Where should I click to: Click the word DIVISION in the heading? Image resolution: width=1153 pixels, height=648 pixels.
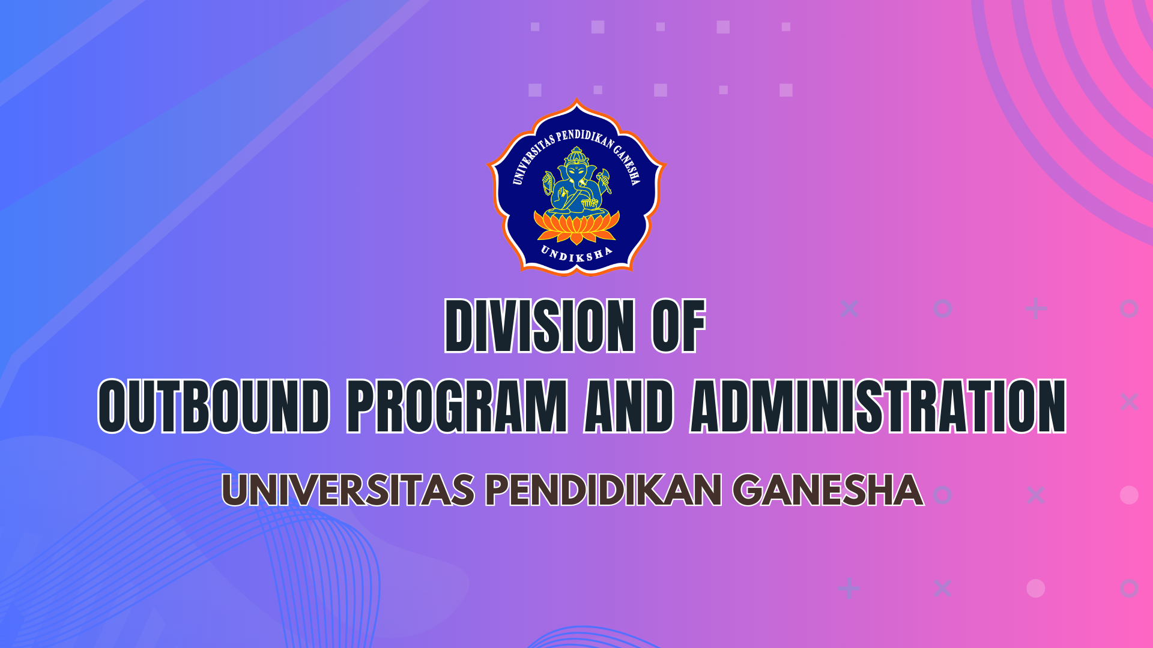pos(539,325)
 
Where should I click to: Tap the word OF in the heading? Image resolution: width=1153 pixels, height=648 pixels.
pos(679,325)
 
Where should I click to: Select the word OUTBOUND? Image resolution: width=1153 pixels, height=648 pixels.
pos(214,406)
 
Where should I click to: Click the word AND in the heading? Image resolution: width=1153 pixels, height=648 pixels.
pos(629,406)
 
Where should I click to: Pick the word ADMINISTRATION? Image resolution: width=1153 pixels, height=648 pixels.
pos(878,406)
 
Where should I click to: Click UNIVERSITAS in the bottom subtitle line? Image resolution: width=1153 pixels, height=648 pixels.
pos(348,490)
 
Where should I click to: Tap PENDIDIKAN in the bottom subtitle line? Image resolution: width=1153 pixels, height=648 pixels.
pos(604,490)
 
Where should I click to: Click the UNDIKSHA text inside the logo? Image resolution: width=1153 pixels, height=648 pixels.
pos(576,254)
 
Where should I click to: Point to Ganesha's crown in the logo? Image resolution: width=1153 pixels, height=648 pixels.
pos(576,156)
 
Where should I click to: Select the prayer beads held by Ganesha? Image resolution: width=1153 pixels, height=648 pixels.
pos(547,183)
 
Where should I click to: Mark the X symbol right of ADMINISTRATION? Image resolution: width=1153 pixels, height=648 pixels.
pos(1129,401)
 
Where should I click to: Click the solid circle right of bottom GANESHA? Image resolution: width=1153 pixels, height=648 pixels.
pos(1129,495)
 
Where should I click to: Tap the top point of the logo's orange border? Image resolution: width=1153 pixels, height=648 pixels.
pos(576,99)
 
